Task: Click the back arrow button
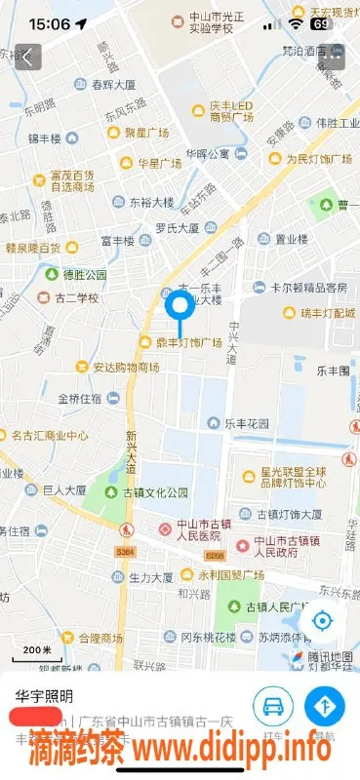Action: tap(27, 57)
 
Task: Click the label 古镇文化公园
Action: tap(146, 493)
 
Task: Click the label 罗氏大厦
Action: tap(178, 228)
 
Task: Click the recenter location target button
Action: tap(321, 621)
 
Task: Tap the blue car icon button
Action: tap(273, 707)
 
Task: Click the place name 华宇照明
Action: tap(45, 696)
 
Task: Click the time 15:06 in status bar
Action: tap(50, 22)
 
